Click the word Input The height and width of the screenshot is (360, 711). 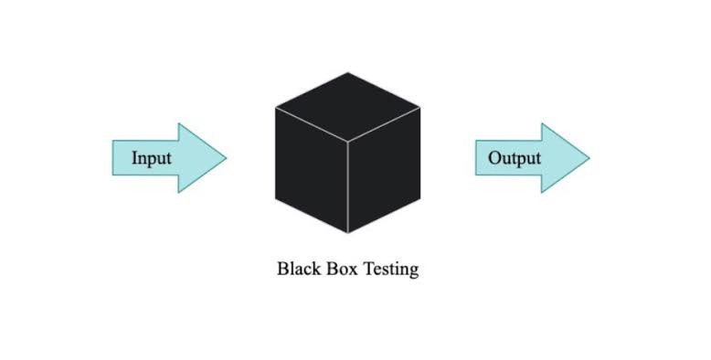click(x=152, y=158)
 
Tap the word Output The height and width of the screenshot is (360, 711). click(x=514, y=158)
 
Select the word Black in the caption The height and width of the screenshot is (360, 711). click(x=297, y=270)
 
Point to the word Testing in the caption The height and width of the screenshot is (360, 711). click(x=391, y=270)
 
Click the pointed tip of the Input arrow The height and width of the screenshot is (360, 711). click(x=226, y=158)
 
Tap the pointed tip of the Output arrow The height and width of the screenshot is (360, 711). click(x=589, y=158)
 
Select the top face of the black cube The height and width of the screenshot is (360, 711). click(x=347, y=106)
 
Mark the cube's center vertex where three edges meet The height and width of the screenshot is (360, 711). click(x=347, y=142)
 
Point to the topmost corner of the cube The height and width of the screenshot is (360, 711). click(x=348, y=72)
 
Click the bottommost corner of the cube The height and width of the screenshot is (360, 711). click(x=347, y=234)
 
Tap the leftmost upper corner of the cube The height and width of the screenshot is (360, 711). click(x=275, y=107)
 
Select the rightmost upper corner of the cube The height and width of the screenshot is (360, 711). click(x=420, y=107)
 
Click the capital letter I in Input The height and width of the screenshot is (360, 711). click(x=134, y=158)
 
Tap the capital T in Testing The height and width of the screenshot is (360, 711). click(x=370, y=270)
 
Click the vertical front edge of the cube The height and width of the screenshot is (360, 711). click(x=347, y=187)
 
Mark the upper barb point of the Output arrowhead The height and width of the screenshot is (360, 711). click(x=542, y=124)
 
